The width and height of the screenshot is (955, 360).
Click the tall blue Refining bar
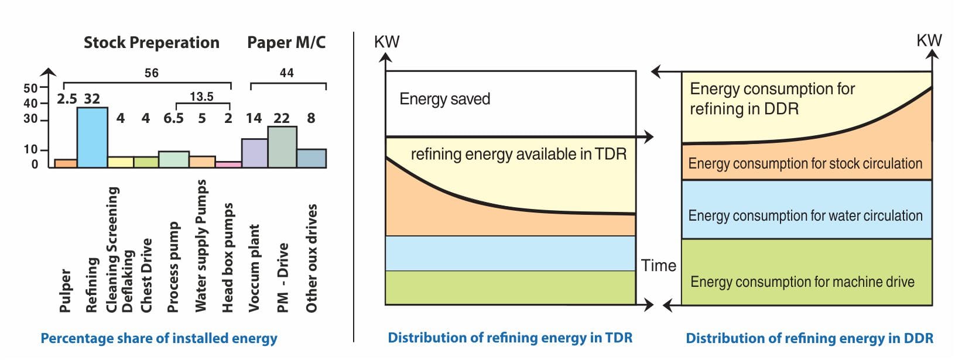pos(93,138)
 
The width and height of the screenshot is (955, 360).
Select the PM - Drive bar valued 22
pos(282,148)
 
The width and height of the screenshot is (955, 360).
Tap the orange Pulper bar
pos(66,163)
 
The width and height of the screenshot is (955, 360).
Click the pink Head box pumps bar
pos(228,164)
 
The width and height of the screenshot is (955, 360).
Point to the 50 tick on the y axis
pos(30,88)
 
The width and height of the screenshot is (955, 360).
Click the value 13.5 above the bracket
pos(201,97)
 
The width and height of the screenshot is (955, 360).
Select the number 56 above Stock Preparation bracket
pos(151,73)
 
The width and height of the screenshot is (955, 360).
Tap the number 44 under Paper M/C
pos(286,73)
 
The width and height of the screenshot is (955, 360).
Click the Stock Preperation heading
pos(151,43)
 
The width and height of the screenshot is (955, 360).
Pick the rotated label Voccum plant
pos(254,268)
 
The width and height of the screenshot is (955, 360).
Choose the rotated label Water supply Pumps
pos(201,246)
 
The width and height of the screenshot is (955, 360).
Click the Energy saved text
pos(444,99)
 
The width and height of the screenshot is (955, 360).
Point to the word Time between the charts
pos(658,266)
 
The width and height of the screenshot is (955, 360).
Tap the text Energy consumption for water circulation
pos(805,215)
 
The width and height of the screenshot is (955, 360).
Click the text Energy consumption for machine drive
pos(802,282)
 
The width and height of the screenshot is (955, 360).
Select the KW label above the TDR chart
pos(386,42)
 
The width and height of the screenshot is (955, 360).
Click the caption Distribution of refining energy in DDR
pos(809,338)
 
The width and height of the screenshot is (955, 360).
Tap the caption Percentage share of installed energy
pos(159,338)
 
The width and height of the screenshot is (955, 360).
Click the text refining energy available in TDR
pos(518,154)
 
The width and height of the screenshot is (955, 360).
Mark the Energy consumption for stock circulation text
pos(805,163)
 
